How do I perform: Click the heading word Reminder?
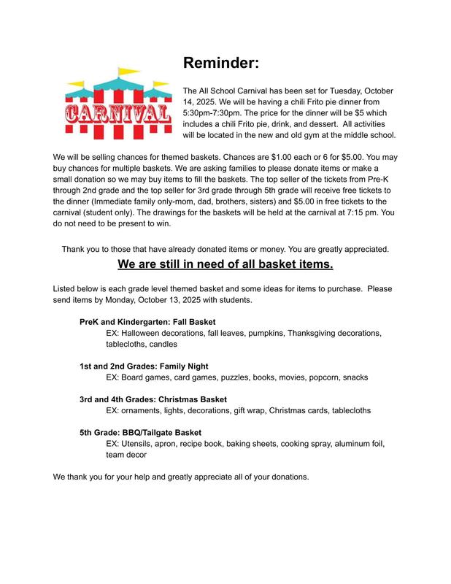(220, 64)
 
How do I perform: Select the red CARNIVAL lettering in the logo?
(118, 114)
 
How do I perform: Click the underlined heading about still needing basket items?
(225, 264)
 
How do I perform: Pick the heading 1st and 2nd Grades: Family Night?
(147, 366)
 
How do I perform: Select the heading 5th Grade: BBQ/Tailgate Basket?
(140, 432)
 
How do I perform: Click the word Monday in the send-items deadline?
(120, 300)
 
